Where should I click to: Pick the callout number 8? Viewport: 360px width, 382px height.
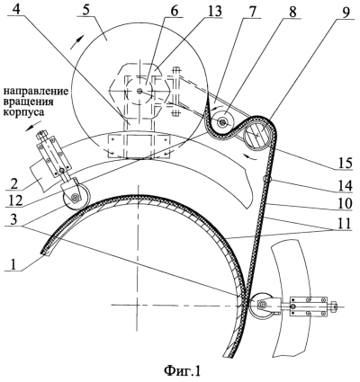[x=292, y=11]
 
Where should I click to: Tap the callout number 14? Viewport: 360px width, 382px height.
[x=343, y=185]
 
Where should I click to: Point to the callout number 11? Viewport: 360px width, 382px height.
[x=343, y=223]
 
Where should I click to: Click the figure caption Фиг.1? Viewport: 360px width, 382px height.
[x=182, y=371]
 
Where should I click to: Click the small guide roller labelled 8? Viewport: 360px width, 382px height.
[x=222, y=121]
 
